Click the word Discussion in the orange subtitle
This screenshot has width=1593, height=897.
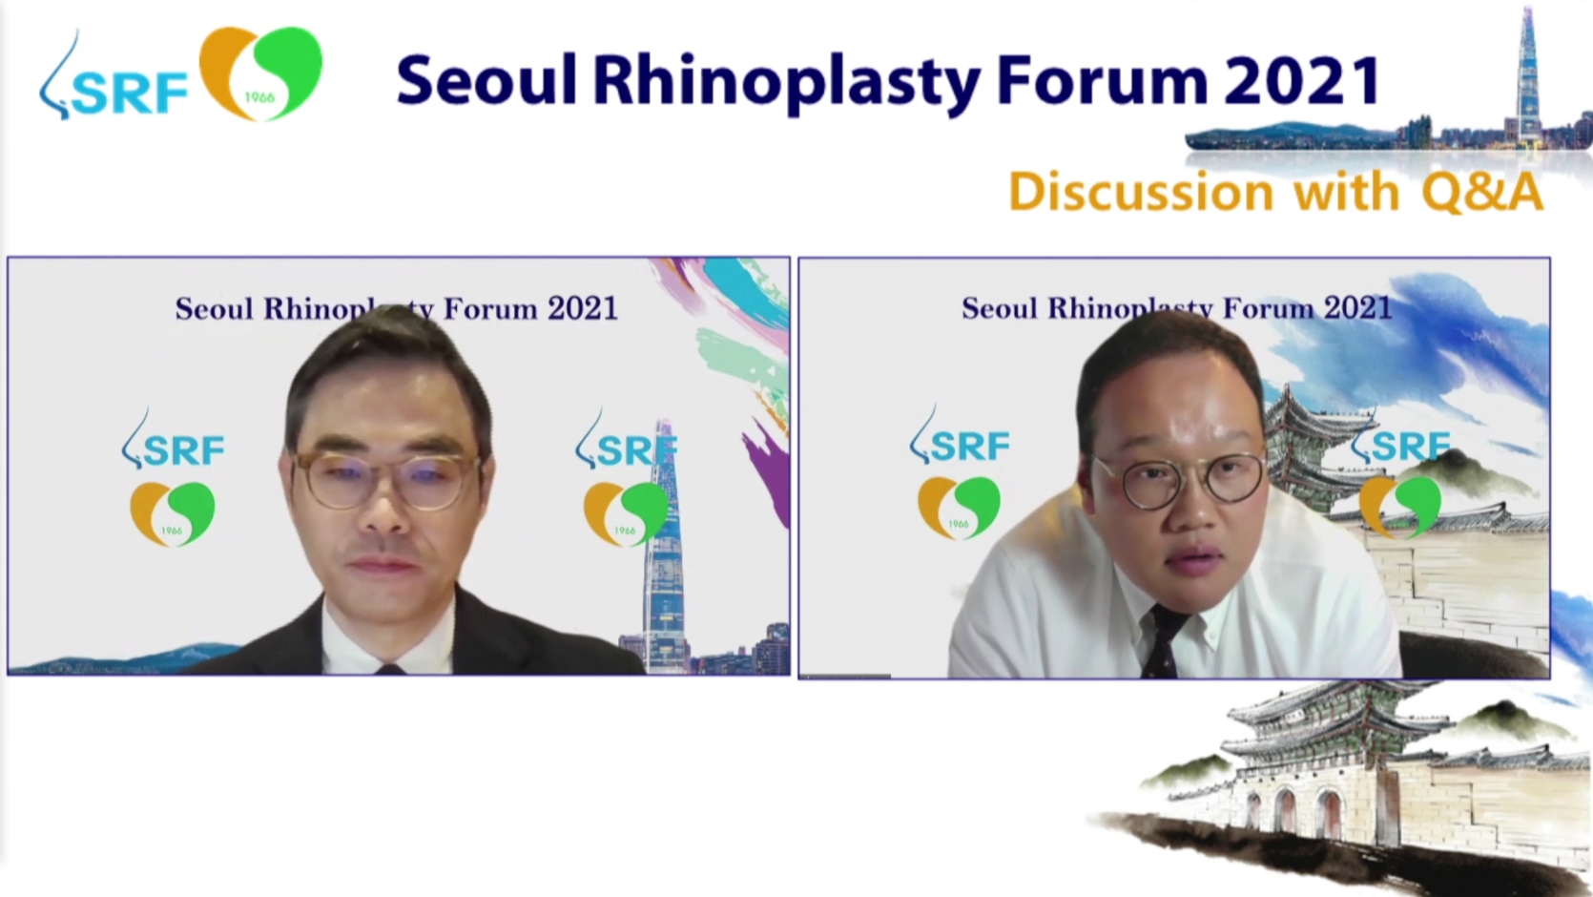coord(1141,191)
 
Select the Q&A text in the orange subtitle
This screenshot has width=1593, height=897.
coord(1482,191)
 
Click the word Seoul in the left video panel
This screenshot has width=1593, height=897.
coord(214,309)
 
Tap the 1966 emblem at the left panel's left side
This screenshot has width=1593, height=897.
coord(172,513)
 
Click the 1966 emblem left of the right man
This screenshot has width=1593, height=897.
coord(959,508)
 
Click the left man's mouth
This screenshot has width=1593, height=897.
coord(384,566)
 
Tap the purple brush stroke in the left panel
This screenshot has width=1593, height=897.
coord(768,469)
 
